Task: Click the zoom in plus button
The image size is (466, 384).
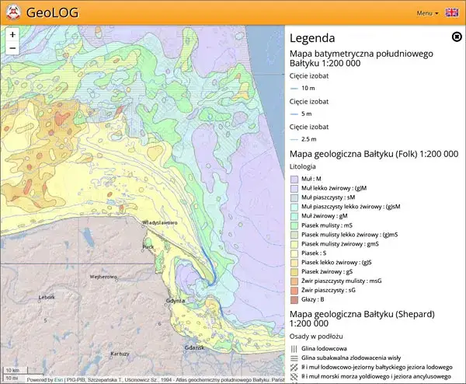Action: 12,35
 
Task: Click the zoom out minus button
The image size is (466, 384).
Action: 12,48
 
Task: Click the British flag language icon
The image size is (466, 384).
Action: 452,13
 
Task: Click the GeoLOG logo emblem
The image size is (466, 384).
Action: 12,12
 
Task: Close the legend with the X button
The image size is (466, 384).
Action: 457,37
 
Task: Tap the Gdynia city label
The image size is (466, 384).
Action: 176,300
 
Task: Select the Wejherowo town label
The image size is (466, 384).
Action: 103,276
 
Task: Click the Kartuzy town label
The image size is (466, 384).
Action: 120,353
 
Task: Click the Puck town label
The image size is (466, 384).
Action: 148,246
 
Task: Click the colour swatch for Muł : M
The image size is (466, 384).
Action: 294,179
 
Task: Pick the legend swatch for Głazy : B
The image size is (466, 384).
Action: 294,299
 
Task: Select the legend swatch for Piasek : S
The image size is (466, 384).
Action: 294,253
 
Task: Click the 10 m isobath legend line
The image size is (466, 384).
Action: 294,88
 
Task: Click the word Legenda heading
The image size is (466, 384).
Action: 311,37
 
